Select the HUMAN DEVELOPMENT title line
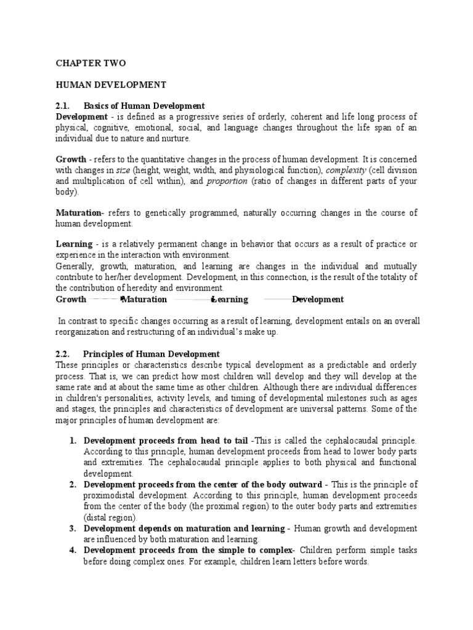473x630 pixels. (x=103, y=84)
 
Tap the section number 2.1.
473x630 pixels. (x=64, y=106)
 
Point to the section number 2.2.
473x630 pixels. (x=64, y=354)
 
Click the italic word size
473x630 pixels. (x=123, y=170)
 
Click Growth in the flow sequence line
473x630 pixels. (x=71, y=300)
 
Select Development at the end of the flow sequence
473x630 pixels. (x=318, y=300)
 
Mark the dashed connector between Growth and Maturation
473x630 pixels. (x=105, y=300)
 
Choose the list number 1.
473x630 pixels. (x=72, y=441)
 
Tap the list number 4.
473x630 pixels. (x=72, y=550)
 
